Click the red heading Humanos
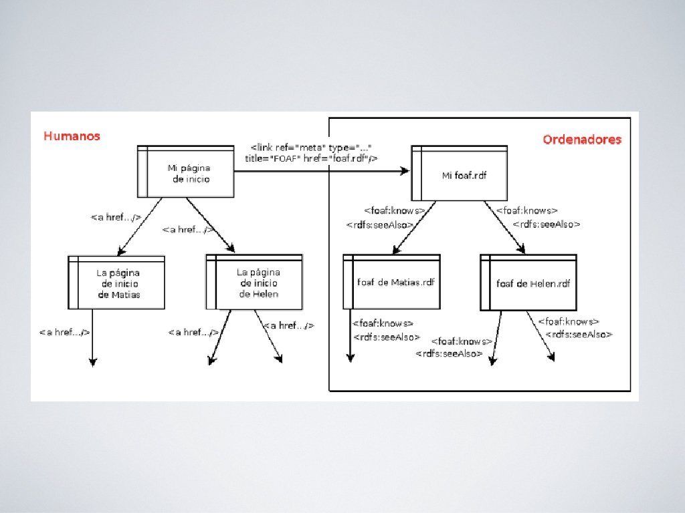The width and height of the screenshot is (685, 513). point(72,136)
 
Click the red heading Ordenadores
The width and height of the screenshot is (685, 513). point(581,140)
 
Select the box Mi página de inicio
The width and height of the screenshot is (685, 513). point(187,172)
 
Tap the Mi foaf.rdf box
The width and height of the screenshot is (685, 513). point(460,175)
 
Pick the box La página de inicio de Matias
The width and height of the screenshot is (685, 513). point(117,283)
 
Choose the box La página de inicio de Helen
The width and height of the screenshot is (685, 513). point(255,283)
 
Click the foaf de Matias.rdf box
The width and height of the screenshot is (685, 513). point(392,282)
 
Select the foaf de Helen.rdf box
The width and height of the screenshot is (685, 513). point(528,283)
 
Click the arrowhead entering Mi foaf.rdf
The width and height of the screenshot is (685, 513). point(405,172)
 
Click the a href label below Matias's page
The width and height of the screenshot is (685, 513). point(64,332)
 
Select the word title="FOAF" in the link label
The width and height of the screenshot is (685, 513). point(270,158)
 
